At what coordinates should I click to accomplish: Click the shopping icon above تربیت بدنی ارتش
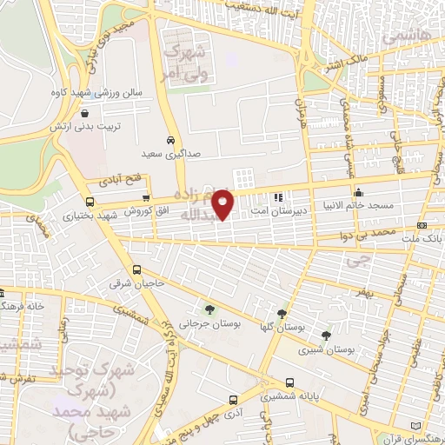coord(83,112)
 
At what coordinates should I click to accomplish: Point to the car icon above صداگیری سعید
coord(170,139)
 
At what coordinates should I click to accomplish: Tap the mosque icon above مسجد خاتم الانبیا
coord(358,192)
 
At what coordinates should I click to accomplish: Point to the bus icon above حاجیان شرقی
coord(136,269)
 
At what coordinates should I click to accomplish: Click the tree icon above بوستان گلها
coord(281,315)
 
